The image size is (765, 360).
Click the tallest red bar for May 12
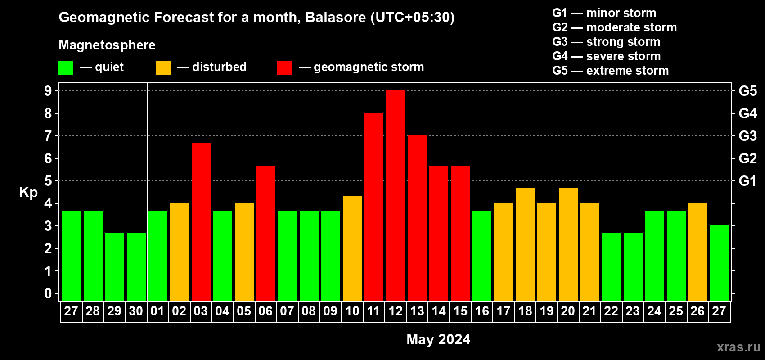(x=396, y=195)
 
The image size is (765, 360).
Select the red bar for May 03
(x=201, y=222)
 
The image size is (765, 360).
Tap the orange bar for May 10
(x=352, y=248)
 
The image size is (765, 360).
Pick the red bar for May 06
(x=266, y=233)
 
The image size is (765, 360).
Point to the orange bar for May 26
(x=697, y=252)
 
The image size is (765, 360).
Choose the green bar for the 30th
(x=136, y=267)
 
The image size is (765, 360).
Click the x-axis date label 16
(x=482, y=311)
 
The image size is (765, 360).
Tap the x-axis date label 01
(x=157, y=311)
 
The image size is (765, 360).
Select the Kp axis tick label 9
(x=48, y=91)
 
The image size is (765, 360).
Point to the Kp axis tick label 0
(x=48, y=293)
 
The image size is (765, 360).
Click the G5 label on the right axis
(x=748, y=91)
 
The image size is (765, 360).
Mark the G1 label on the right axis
(x=748, y=181)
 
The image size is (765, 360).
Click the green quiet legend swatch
(x=66, y=67)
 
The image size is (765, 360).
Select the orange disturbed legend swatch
(x=163, y=67)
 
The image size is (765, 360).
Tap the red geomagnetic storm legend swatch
(x=285, y=67)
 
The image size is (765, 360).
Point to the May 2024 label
(x=438, y=339)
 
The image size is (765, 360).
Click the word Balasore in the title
(x=335, y=18)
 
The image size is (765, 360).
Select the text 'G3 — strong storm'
(x=606, y=42)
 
